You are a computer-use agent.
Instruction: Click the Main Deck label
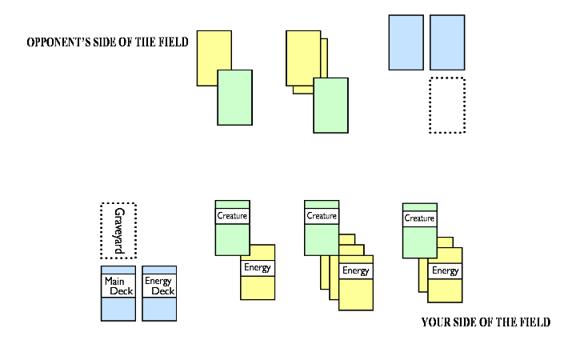click(x=118, y=286)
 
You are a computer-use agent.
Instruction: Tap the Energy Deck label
click(x=159, y=286)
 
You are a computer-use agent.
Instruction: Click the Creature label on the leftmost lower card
click(x=232, y=216)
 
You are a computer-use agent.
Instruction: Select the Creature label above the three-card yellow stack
click(x=322, y=216)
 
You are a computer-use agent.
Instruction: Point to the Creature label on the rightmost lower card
click(x=419, y=218)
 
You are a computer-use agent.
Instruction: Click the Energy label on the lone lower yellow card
click(x=258, y=267)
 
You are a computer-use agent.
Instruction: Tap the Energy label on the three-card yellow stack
click(x=356, y=270)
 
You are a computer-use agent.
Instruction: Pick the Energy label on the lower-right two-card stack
click(x=446, y=270)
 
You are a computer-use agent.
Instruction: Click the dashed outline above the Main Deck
click(x=118, y=230)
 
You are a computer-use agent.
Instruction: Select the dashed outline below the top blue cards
click(x=447, y=105)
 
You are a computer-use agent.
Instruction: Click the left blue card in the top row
click(x=406, y=42)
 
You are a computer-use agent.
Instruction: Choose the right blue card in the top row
click(x=447, y=42)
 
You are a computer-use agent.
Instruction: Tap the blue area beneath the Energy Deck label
click(x=159, y=309)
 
